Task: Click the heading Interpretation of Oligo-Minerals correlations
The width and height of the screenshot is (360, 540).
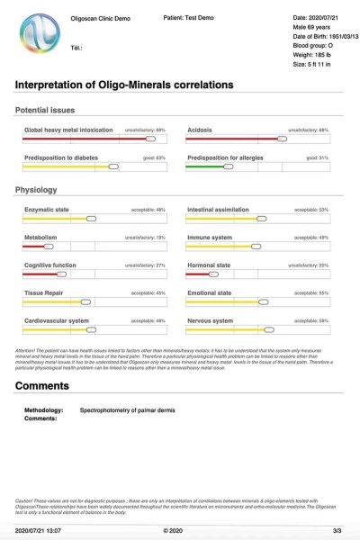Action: tap(124, 85)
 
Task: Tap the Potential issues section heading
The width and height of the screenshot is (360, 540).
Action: tap(51, 110)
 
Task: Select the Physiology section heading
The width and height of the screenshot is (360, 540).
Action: tap(36, 190)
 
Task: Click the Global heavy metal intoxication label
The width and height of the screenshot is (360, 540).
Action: tap(68, 130)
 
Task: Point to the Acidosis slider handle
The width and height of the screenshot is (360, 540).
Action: tap(282, 139)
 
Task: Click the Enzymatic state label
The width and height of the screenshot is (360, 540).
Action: tap(47, 210)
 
